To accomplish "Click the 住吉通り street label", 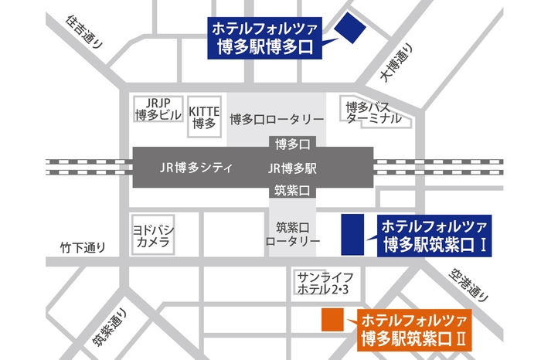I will [84, 33].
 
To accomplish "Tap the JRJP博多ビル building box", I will [157, 110].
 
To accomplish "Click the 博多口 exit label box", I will [292, 144].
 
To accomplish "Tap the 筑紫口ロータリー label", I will [292, 234].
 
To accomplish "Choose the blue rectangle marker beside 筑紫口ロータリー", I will [353, 233].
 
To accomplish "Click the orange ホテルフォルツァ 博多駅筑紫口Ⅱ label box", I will [413, 328].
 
